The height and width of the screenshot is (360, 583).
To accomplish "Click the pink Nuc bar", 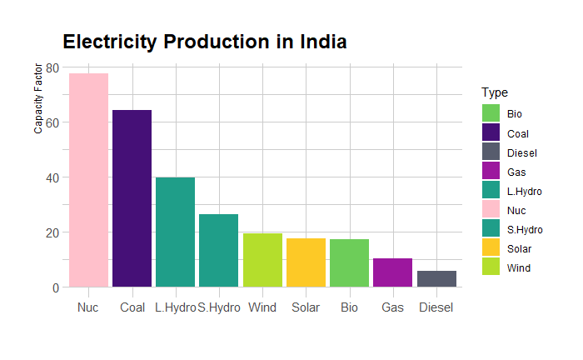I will click(x=88, y=180).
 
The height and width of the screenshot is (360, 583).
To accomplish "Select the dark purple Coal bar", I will click(x=132, y=198).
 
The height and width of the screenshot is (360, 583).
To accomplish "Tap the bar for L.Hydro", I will click(x=175, y=232).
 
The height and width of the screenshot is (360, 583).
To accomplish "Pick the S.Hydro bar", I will click(x=218, y=250).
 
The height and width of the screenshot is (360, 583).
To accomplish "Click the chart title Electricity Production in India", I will click(x=205, y=42).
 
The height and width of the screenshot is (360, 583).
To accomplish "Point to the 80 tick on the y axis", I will click(x=52, y=67).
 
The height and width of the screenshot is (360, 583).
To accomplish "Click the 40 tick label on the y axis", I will click(x=52, y=177).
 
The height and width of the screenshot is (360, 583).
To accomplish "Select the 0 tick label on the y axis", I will click(x=55, y=287).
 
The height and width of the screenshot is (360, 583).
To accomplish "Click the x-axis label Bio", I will click(x=349, y=307).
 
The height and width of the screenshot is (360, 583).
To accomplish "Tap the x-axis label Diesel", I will click(x=436, y=307).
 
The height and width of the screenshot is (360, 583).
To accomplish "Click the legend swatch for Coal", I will click(x=491, y=133).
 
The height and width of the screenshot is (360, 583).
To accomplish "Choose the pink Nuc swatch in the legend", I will click(x=491, y=210).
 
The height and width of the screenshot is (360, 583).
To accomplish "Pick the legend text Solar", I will click(x=519, y=248).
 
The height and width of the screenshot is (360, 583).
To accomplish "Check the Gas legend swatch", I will click(x=491, y=172).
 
